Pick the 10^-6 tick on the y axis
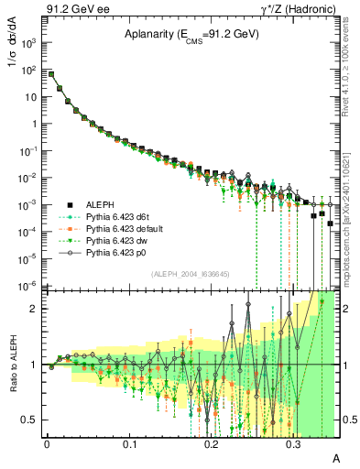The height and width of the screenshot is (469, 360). [x=29, y=286]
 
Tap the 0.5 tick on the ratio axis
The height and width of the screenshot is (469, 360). [x=33, y=420]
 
